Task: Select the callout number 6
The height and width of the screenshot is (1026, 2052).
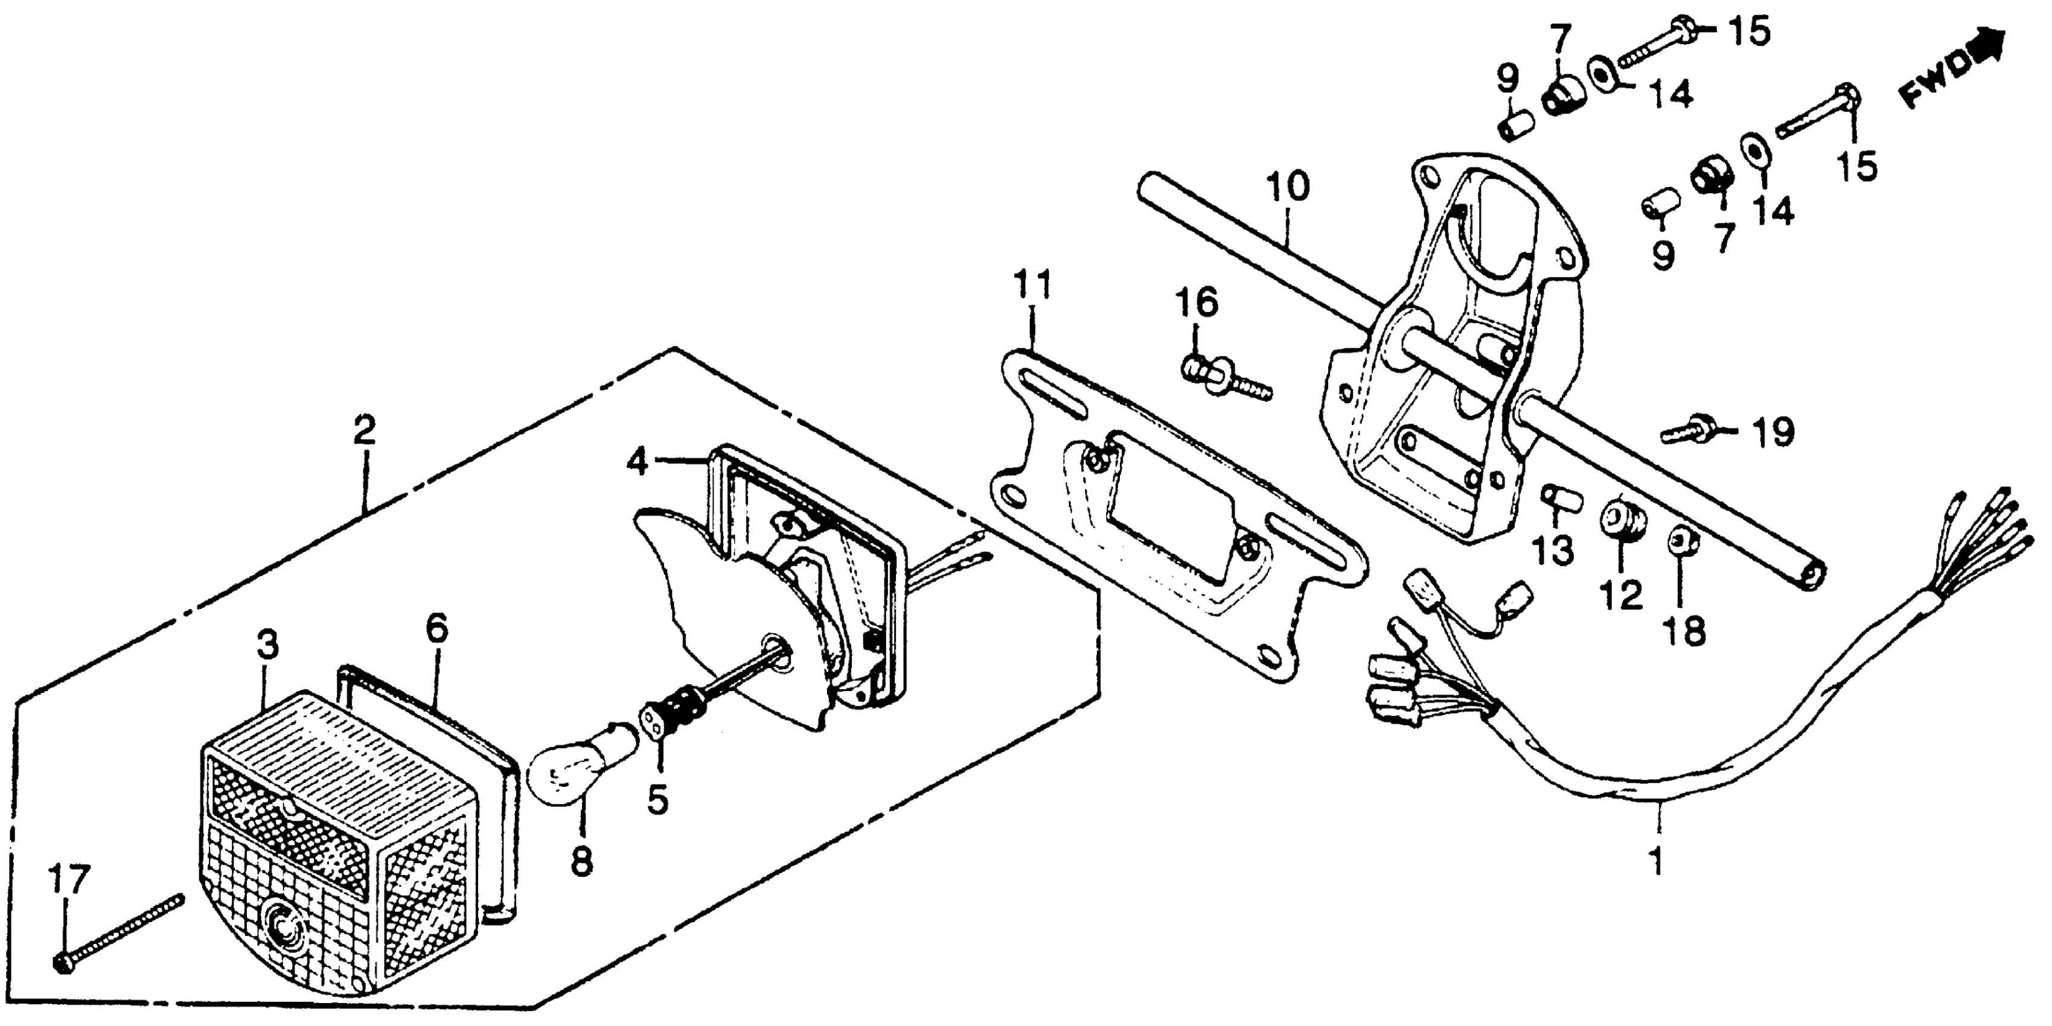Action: pyautogui.click(x=437, y=628)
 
